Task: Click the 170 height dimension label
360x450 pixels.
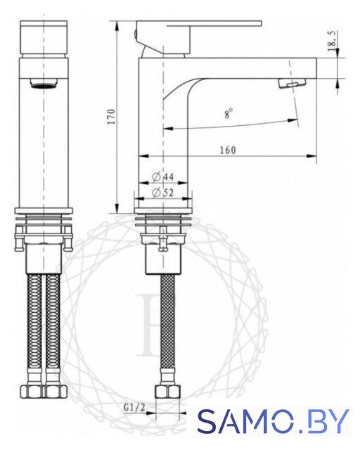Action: click(111, 117)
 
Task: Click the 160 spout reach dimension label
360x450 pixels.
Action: click(228, 150)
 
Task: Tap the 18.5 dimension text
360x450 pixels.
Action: click(332, 41)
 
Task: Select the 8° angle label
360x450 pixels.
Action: click(229, 113)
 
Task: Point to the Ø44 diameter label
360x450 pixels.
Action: click(163, 177)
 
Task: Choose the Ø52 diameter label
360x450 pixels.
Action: click(163, 193)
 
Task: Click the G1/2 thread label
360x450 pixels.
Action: click(134, 408)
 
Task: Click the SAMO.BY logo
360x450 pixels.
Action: click(273, 421)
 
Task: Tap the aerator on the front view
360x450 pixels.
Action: click(44, 83)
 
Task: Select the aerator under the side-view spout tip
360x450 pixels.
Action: click(292, 84)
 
